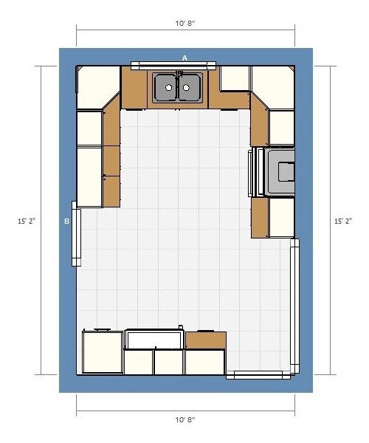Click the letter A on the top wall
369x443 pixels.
184,58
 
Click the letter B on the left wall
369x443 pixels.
67,221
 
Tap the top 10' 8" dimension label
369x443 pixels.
185,23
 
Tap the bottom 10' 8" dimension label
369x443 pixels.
185,420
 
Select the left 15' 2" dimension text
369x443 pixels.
27,221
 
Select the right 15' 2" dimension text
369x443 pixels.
344,221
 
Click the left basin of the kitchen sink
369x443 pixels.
166,87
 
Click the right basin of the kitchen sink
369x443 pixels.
190,87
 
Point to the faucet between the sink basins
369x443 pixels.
179,75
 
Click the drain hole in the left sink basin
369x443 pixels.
168,88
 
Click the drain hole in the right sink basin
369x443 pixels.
186,88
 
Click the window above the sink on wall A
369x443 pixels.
173,65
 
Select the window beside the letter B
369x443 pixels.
76,233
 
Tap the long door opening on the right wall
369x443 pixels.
294,306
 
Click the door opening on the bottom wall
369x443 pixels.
258,374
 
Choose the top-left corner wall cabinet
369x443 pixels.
97,87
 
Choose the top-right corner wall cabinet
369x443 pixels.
273,87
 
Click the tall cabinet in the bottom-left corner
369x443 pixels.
103,352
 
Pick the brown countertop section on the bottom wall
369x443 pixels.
206,340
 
